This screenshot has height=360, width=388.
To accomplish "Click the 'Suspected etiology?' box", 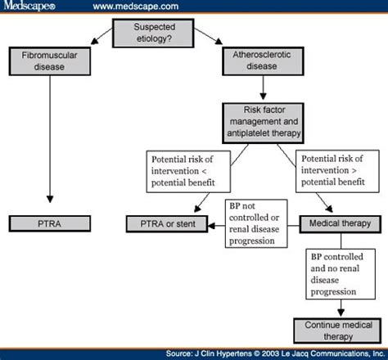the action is (x=153, y=33).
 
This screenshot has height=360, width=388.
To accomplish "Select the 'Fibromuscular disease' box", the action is (x=50, y=61).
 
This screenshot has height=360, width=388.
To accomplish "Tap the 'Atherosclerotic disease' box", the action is (x=263, y=61).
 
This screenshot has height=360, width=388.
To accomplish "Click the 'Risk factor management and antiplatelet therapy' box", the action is (x=263, y=123).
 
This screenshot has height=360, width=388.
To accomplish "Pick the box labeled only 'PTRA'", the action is (x=50, y=223).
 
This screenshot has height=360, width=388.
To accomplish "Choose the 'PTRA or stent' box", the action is (x=167, y=224).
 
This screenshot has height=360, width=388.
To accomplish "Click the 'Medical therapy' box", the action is (x=341, y=224).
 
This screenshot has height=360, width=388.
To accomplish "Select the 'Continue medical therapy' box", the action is (x=337, y=331).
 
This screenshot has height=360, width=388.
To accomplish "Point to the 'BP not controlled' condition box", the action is (x=256, y=223).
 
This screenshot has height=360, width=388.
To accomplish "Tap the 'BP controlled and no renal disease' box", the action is (x=341, y=274).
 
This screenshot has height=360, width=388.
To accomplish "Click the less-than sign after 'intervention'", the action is (x=204, y=172).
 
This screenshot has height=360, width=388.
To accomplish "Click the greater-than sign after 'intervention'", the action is (x=354, y=171).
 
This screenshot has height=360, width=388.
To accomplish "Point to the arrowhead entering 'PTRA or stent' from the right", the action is (x=211, y=226).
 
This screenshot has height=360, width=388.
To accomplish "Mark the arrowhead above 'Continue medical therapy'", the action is (x=341, y=313).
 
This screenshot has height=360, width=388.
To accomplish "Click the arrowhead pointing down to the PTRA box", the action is (x=50, y=199).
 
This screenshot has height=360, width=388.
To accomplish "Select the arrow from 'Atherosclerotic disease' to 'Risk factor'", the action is (x=263, y=88).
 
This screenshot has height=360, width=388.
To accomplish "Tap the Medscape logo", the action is (x=29, y=6).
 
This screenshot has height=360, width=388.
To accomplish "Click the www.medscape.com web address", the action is (x=136, y=7).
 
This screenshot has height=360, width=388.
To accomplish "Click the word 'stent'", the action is (x=186, y=224).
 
